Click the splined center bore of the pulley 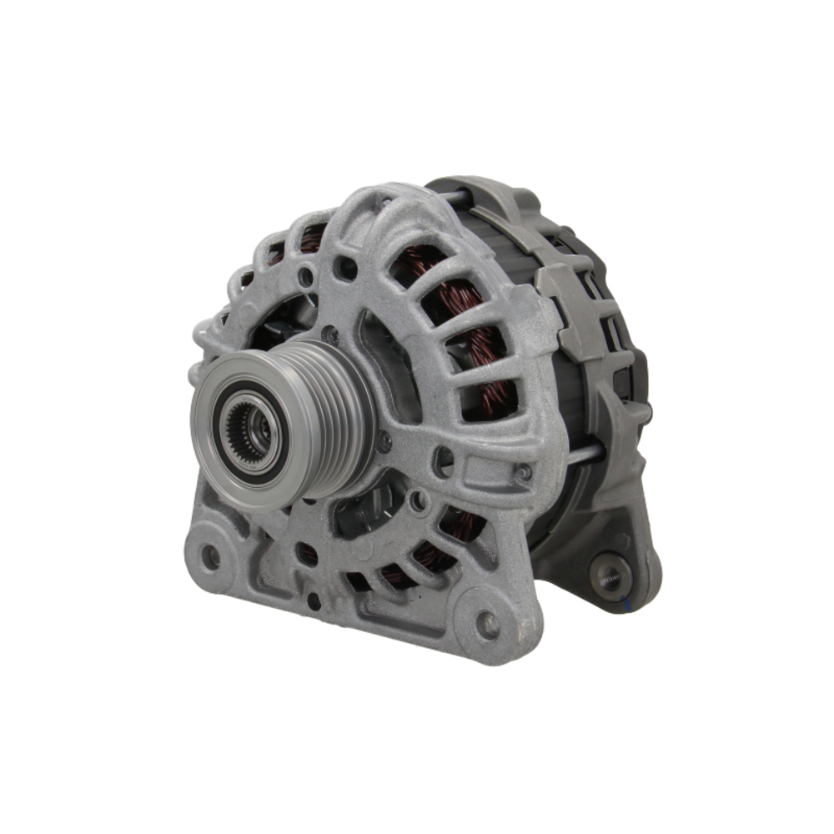[x=248, y=426]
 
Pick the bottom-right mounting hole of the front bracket [x=486, y=621]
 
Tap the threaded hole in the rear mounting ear [x=610, y=575]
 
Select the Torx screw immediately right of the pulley [x=384, y=442]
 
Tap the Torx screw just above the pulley [x=331, y=335]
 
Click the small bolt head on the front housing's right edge [x=523, y=474]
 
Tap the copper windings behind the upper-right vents [x=467, y=317]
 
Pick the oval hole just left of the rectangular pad [x=445, y=460]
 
